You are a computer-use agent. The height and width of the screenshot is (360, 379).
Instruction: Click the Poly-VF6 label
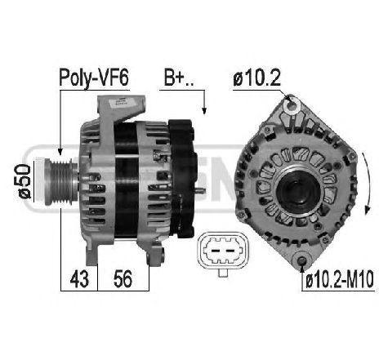tap(94, 78)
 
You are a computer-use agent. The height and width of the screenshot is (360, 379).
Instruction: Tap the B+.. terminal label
tap(179, 78)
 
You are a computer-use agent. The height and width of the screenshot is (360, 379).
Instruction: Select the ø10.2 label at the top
tap(256, 78)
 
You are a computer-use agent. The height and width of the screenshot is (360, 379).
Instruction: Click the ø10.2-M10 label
tap(339, 280)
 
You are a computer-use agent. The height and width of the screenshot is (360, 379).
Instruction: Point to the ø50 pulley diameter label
tap(25, 181)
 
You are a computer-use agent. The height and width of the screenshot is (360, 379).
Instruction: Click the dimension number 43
tap(79, 279)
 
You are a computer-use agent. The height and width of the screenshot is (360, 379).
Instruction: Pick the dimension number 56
tap(123, 279)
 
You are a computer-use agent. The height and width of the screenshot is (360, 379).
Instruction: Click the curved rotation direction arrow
tap(368, 184)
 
